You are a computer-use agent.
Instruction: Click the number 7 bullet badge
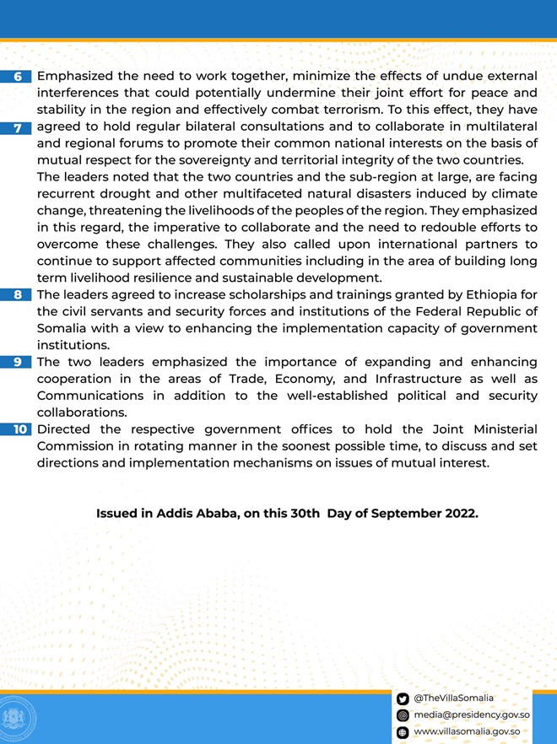[x=19, y=127]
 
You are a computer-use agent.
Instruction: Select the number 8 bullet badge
[x=19, y=294]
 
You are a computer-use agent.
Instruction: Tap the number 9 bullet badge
[x=19, y=362]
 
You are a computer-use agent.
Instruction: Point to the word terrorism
[x=349, y=110]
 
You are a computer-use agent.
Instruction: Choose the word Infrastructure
[x=405, y=379]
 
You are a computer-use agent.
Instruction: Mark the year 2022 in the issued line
[x=459, y=513]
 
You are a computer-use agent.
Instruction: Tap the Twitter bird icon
[x=403, y=698]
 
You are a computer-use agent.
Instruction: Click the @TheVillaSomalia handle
[x=453, y=698]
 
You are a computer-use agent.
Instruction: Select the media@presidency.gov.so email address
[x=465, y=715]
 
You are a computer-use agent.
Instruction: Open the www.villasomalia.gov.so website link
[x=466, y=732]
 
